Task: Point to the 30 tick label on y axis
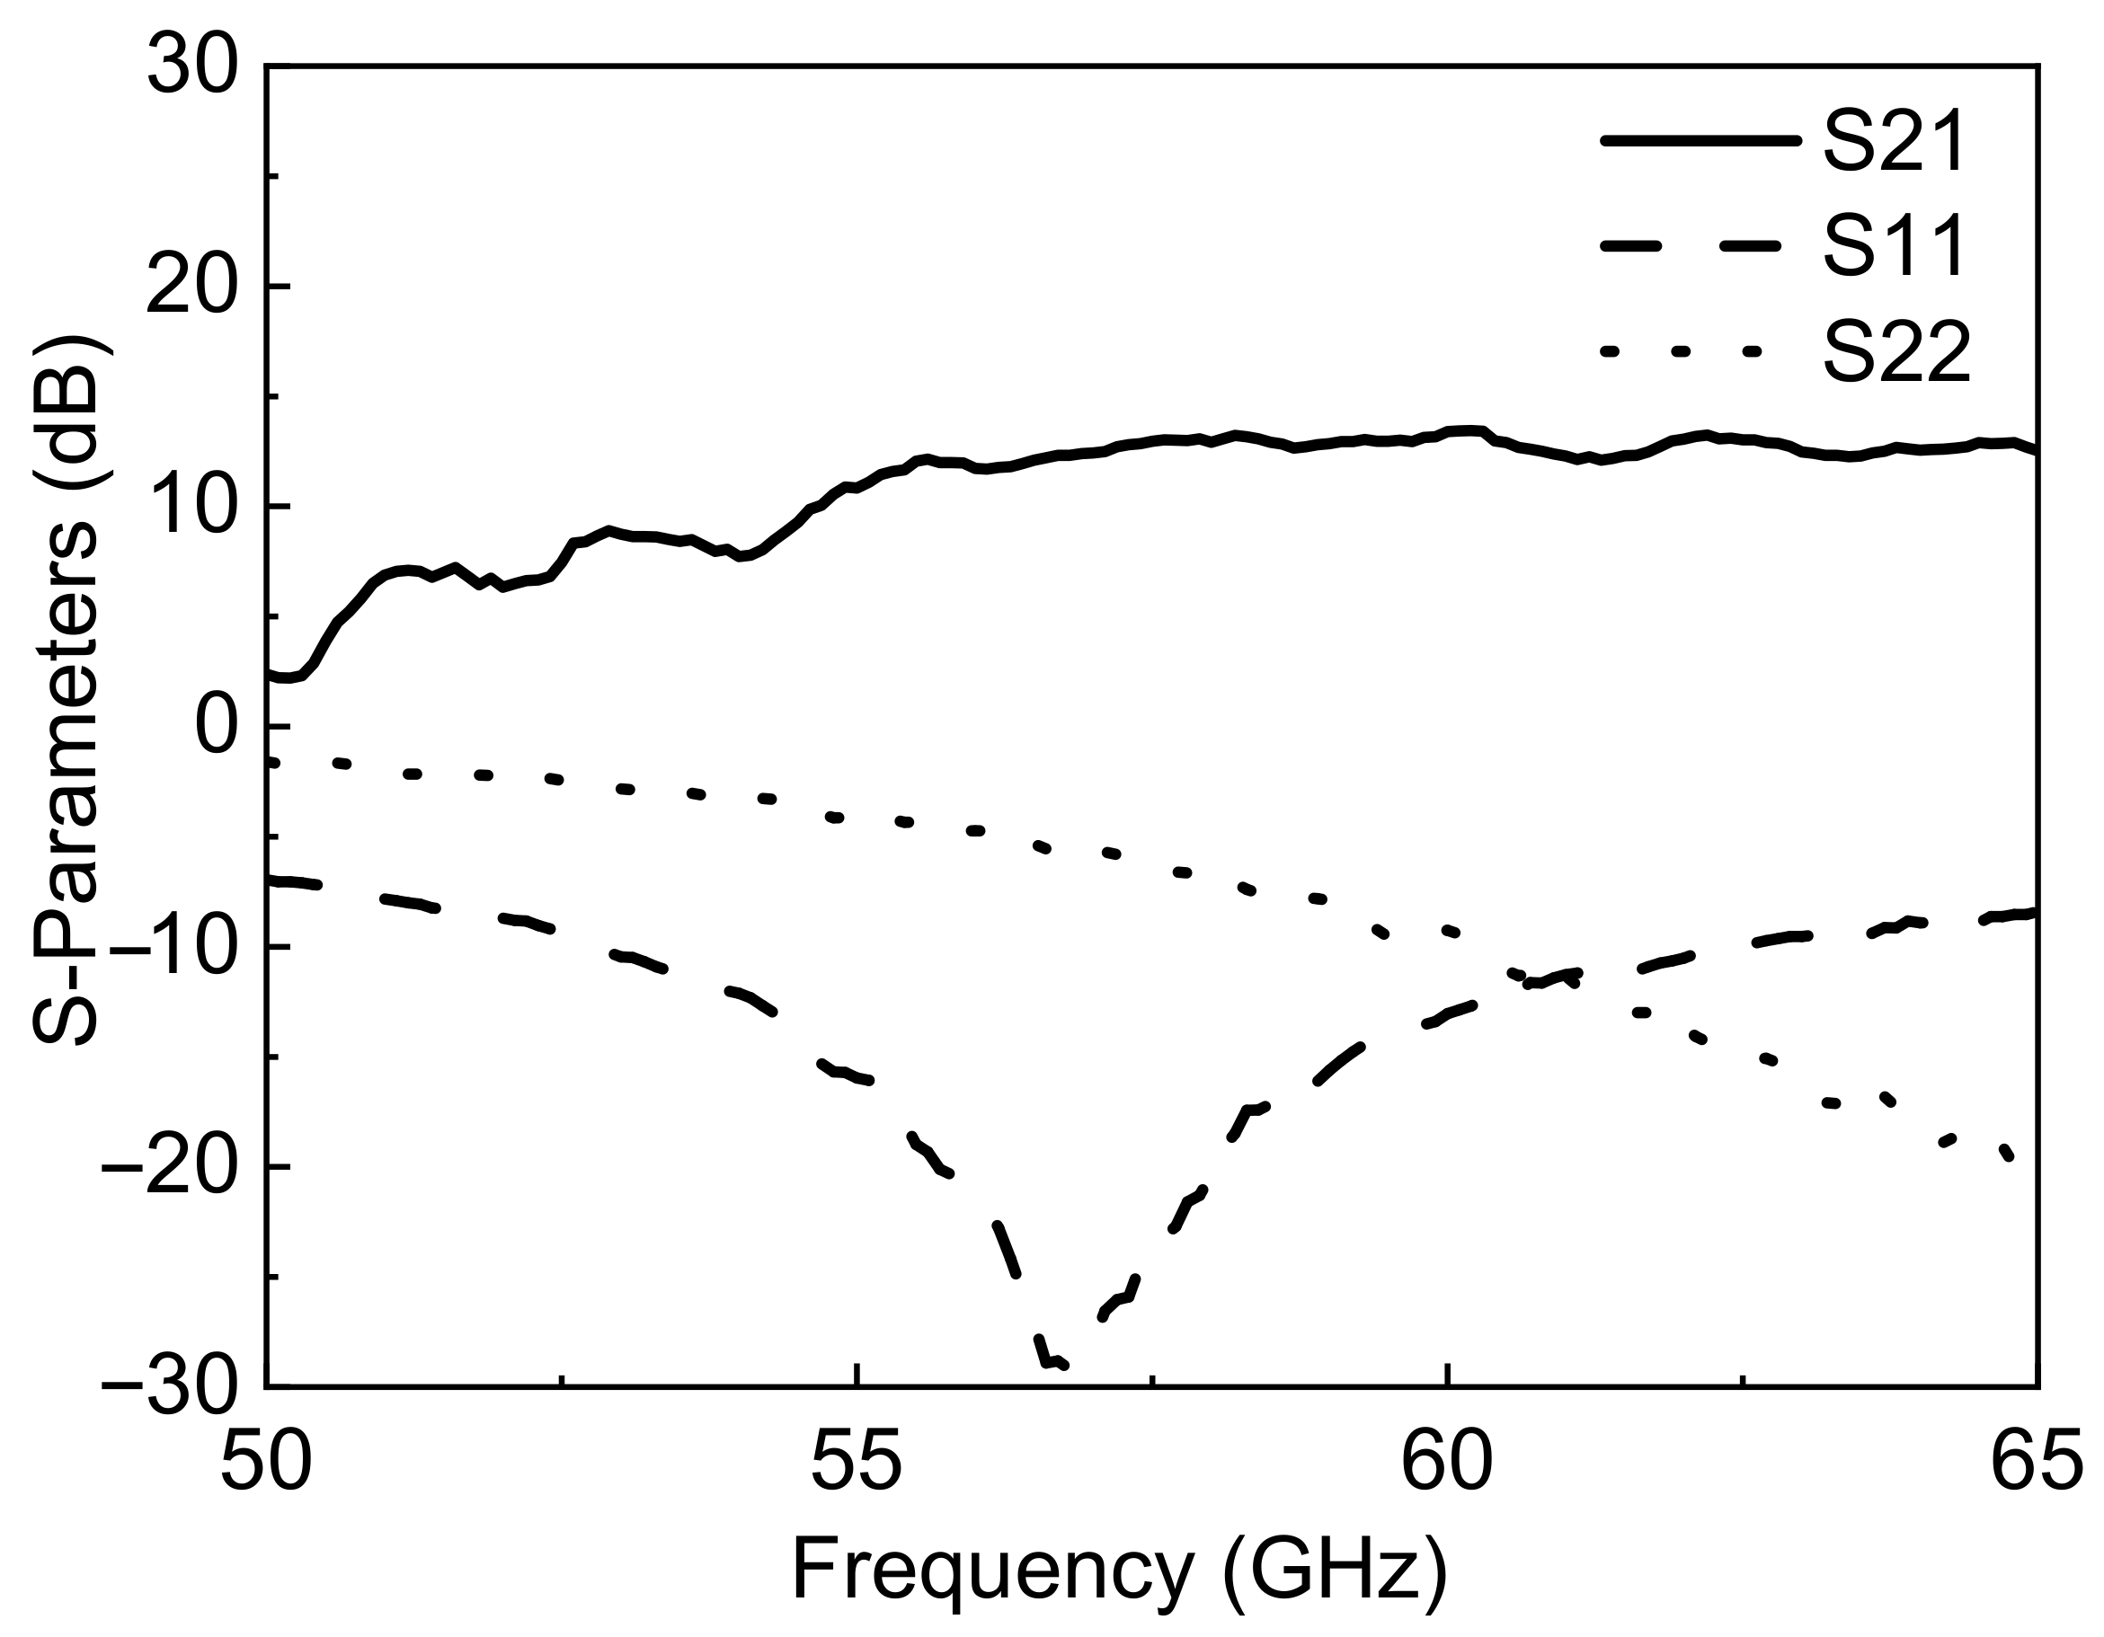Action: [x=191, y=67]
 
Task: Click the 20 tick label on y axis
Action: [x=191, y=287]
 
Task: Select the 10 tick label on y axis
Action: [x=191, y=508]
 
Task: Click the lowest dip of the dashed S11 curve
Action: [x=1052, y=1364]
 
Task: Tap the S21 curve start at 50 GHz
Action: [x=270, y=676]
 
